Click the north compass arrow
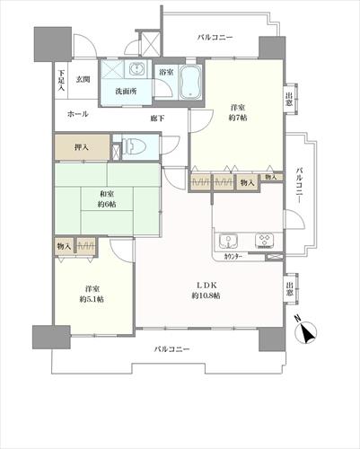click(306, 333)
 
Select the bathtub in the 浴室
click(192, 82)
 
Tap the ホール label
click(78, 116)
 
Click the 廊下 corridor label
click(156, 118)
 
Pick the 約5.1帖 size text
click(92, 299)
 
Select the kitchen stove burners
click(264, 240)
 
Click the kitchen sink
click(228, 240)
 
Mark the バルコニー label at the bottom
click(171, 348)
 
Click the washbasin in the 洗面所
click(137, 71)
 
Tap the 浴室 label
click(166, 70)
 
